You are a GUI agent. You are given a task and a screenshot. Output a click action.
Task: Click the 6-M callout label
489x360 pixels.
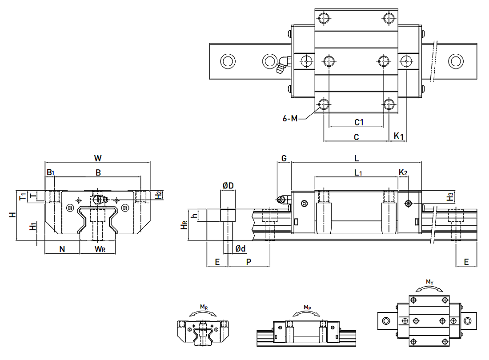[289, 118]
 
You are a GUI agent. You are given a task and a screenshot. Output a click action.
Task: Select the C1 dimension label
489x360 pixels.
[359, 122]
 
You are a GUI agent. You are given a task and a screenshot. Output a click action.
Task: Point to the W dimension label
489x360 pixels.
[98, 158]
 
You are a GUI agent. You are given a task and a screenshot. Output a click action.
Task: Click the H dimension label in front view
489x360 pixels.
[13, 214]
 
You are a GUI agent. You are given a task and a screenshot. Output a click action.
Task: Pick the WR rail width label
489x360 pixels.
[100, 249]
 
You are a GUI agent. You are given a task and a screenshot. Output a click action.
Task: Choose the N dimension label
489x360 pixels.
[62, 249]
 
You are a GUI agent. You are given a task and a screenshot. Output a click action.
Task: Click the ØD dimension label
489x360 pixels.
[228, 185]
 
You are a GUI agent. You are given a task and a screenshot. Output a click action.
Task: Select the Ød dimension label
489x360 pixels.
[240, 249]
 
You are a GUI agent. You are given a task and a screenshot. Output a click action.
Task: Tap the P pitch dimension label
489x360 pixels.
[249, 262]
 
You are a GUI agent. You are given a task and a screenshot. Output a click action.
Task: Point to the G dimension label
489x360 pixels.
[284, 158]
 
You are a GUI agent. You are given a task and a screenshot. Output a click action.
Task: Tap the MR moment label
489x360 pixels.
[203, 307]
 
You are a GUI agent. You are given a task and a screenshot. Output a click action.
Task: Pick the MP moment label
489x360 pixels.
[307, 307]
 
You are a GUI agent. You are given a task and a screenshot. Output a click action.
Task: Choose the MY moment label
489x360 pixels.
[429, 282]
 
